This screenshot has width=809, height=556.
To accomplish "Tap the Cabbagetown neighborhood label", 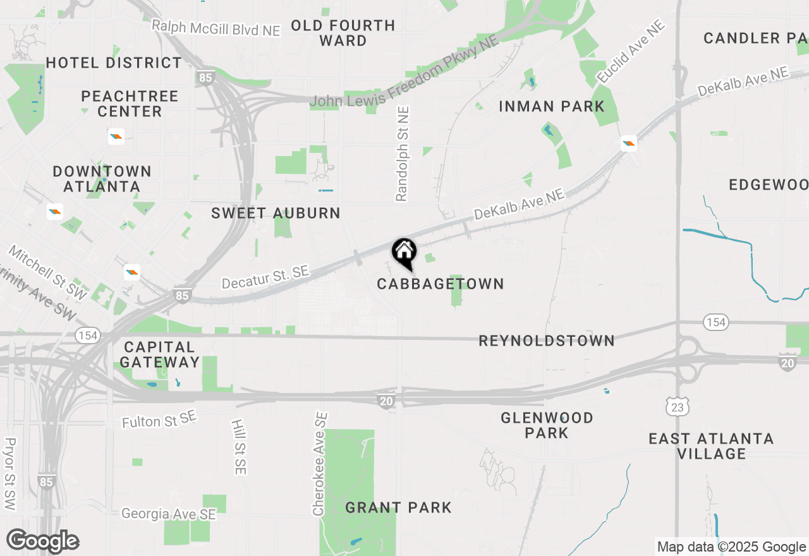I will pos(441,284).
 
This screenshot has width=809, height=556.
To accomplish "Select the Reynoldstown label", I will pos(546,341).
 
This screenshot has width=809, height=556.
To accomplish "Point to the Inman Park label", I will pos(552,106).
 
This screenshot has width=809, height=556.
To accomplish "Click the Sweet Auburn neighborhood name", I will pos(276,213).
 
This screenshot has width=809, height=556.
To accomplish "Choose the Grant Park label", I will pos(398,507).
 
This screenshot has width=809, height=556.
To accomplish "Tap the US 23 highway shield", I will pos(678,408).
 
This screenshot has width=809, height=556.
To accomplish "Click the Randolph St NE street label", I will pos(403,154).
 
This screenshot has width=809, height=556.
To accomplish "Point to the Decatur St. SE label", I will pos(265,277).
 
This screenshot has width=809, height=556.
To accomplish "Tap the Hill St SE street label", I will pos(239,447).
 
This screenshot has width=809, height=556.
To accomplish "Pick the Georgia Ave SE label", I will pos(169,514).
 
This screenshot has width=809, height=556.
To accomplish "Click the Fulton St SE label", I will pos(159,420).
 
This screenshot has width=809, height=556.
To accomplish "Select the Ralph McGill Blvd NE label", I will pos(216,28).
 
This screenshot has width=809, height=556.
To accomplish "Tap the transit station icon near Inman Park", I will pos(628,143).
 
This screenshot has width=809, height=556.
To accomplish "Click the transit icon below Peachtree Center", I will pos(116,136).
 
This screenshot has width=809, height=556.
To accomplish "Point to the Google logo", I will pos(42,541).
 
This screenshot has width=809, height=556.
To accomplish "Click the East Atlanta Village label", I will pos(711,446).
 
